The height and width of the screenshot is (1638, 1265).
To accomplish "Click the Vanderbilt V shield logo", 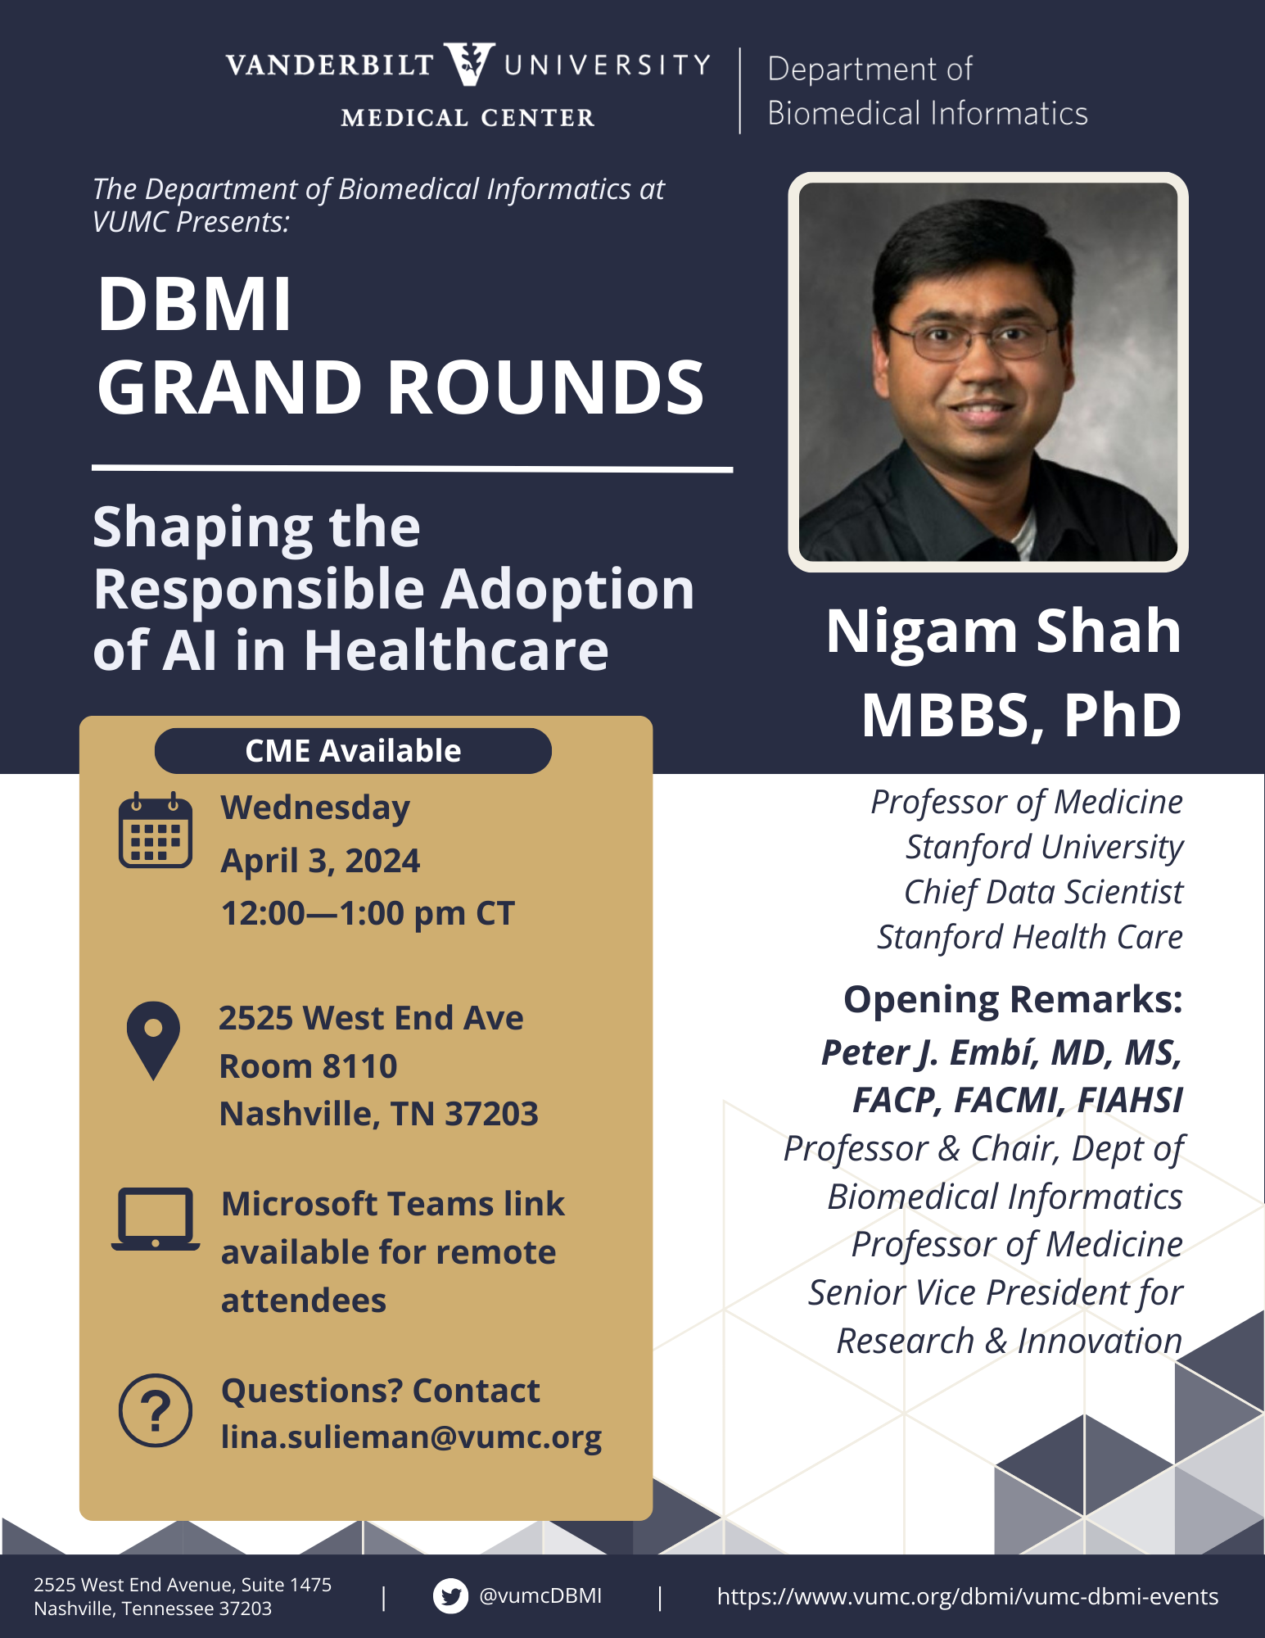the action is pos(469,64).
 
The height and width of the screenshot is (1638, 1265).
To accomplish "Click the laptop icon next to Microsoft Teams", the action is pos(156,1219).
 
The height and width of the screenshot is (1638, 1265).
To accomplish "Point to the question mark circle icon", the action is pos(156,1410).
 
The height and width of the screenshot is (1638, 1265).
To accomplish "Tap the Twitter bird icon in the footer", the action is pos(450,1595).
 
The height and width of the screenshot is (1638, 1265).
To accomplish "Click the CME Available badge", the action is pos(353,751).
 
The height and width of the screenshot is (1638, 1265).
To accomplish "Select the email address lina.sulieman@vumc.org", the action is pos(411,1438).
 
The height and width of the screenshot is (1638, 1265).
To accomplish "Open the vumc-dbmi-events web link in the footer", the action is pos(968,1596).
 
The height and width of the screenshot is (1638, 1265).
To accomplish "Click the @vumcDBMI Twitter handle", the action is pos(540,1595).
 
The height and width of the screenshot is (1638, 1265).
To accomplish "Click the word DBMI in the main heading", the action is pos(194,304).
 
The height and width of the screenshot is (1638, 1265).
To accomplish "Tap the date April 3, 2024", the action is pos(320,861).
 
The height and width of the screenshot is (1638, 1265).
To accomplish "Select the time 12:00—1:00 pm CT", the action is pos(368,913).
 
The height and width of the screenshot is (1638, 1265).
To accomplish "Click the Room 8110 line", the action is pos(309,1066).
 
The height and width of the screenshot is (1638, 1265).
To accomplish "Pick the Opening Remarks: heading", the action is pos(1013,1000).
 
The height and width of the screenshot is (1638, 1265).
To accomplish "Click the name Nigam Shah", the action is pos(1004,631).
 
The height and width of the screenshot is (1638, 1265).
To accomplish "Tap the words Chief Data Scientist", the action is pos(1043,892).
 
